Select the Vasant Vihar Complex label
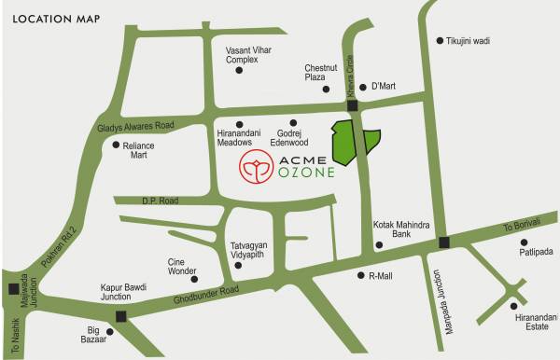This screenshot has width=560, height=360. (247, 54)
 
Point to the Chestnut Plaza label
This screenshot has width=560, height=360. (321, 73)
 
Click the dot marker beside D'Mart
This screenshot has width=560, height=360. (364, 87)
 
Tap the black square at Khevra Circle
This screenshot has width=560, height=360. (353, 107)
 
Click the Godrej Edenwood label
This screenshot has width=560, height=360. (287, 138)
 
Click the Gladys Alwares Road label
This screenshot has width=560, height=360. (135, 125)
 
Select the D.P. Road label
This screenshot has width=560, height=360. (159, 201)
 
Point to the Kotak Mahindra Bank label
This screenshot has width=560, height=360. (401, 229)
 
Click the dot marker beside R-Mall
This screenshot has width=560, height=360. (361, 275)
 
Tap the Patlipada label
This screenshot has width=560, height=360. (538, 251)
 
